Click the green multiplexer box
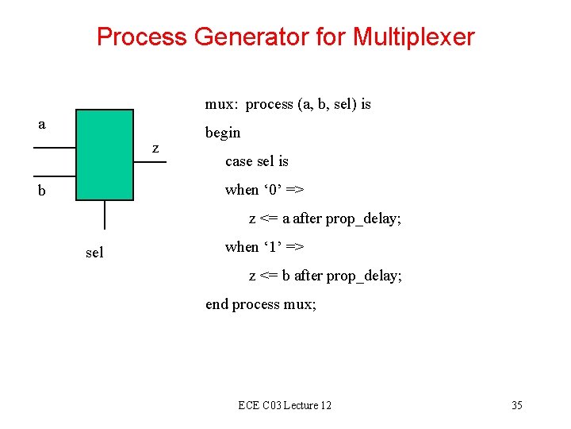pos(105,154)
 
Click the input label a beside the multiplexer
pos(42,125)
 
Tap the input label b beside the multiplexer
pos(41,191)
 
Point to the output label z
pos(155,148)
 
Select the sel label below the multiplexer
pos(94,253)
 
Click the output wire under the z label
pos(150,162)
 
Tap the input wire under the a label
pos(55,148)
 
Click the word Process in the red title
pos(141,37)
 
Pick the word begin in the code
pos(223,133)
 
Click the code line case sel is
pos(256,161)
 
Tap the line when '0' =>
pos(265,190)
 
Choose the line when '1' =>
pos(265,247)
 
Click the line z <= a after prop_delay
pos(325,218)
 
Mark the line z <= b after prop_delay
pos(325,276)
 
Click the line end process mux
pos(260,304)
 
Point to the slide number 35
pos(516,406)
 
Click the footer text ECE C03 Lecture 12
pos(285,406)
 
